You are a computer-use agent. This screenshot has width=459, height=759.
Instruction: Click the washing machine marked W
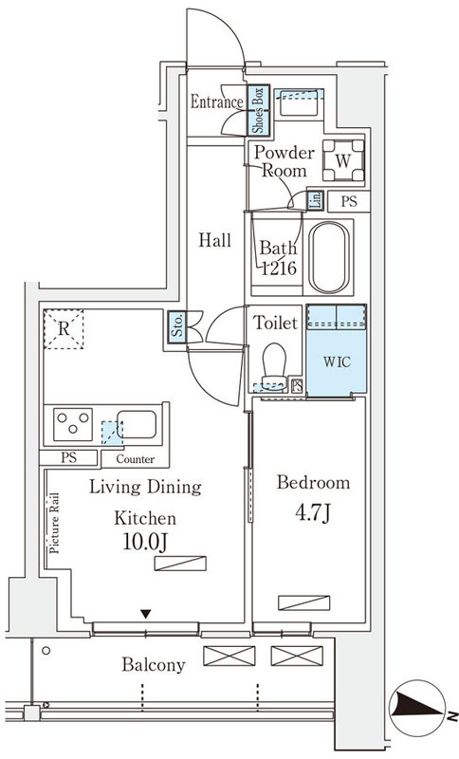click(x=343, y=160)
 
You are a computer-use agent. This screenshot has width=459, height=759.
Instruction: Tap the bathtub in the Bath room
click(x=329, y=257)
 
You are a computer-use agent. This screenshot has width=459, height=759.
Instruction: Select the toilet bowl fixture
click(x=274, y=366)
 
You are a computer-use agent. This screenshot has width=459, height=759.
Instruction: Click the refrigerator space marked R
click(x=64, y=329)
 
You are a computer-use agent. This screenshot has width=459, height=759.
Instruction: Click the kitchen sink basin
click(x=137, y=424)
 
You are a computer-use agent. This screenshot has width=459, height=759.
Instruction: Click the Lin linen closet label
click(x=315, y=200)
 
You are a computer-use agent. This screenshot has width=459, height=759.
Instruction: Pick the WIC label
click(x=337, y=361)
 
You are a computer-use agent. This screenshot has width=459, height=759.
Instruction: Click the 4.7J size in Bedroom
click(x=313, y=513)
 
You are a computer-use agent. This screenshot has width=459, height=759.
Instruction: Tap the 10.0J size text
click(x=145, y=543)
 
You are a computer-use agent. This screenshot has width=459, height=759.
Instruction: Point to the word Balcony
click(x=154, y=665)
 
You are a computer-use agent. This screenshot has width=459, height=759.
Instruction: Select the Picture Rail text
click(x=54, y=523)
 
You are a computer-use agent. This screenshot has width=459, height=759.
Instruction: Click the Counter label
click(x=136, y=459)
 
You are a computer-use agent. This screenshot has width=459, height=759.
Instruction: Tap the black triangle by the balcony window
click(x=146, y=614)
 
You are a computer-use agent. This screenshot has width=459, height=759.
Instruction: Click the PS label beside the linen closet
click(x=349, y=201)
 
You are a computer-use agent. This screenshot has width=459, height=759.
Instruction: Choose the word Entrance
click(x=216, y=102)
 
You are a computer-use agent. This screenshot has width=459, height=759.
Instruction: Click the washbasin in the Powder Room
click(x=299, y=103)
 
